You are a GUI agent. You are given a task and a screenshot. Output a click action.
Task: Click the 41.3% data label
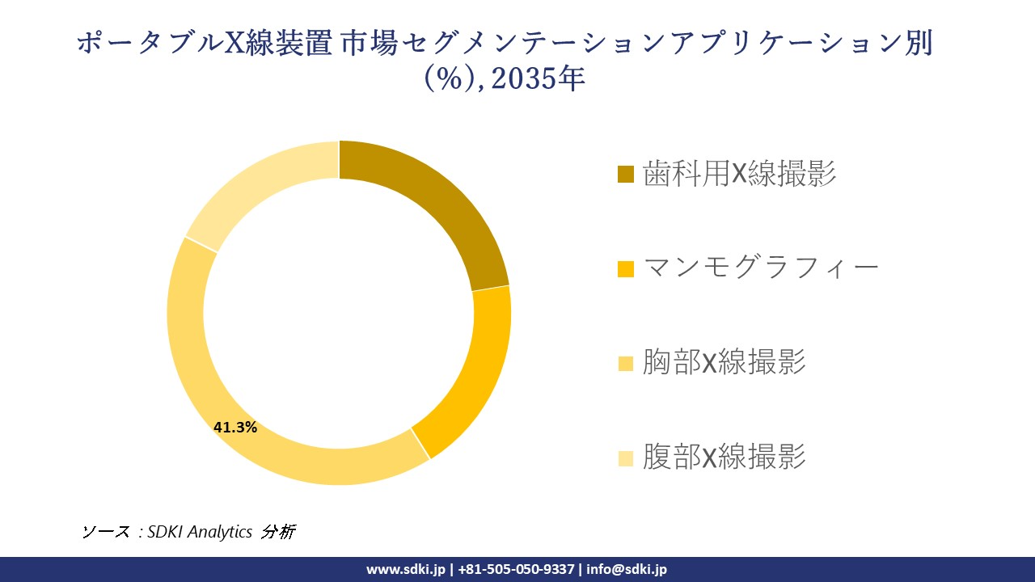(235, 428)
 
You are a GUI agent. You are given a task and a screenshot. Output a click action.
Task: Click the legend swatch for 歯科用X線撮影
(625, 174)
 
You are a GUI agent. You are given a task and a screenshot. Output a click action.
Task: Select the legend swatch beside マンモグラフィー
(625, 268)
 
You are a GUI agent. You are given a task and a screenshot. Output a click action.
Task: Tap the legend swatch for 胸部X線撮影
(625, 364)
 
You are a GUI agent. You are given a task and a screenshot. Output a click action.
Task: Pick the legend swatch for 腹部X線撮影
(625, 458)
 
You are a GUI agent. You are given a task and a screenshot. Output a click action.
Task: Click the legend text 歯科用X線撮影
(739, 173)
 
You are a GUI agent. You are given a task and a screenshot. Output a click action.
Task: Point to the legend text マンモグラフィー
(761, 268)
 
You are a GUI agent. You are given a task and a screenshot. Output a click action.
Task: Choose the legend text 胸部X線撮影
(724, 363)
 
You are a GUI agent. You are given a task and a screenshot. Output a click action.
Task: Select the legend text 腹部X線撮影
(724, 458)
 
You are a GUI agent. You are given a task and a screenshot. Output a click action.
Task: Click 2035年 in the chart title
(538, 79)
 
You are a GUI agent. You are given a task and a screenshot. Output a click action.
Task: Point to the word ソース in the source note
(105, 532)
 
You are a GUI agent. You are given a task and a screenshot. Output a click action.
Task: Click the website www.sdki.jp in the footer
(405, 569)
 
